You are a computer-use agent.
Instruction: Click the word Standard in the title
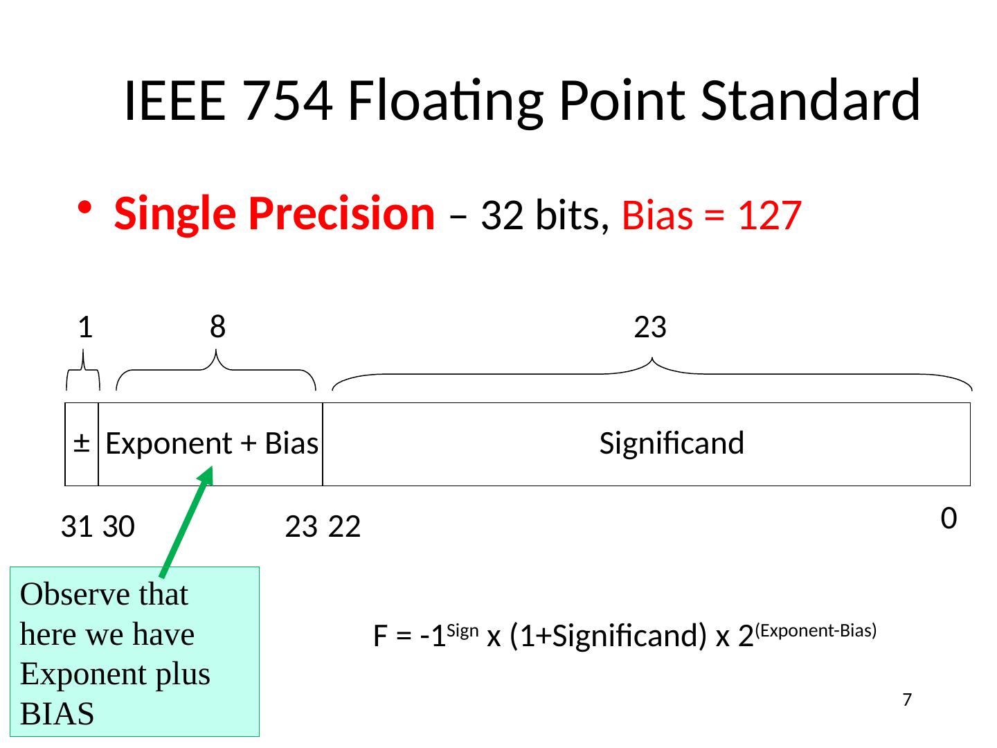pos(810,101)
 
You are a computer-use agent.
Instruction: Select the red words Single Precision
pos(274,214)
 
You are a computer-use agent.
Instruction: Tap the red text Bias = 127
pos(712,215)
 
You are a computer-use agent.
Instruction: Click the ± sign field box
pos(82,443)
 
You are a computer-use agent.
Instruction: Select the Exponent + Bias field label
pos(212,443)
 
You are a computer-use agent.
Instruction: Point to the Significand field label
pos(672,443)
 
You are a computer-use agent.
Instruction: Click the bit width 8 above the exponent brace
pos(217,326)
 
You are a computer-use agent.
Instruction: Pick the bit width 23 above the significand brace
pos(650,327)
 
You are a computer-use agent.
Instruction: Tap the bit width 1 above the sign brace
pos(84,327)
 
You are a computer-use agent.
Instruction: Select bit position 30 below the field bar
pos(118,528)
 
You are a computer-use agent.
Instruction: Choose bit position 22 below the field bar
pos(345,528)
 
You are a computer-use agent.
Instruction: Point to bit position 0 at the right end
pos(949,517)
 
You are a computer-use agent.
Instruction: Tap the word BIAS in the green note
pos(57,713)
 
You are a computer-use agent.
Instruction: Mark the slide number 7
pos(907,700)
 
